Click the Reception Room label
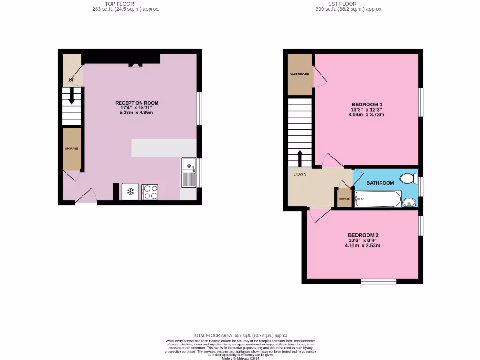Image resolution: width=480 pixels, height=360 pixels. point(137,103)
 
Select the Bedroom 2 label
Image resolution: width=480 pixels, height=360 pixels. point(363,235)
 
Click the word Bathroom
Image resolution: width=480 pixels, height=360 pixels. point(380,183)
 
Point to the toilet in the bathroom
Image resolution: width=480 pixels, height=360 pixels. point(409,178)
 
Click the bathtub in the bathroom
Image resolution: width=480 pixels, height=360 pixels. point(378,199)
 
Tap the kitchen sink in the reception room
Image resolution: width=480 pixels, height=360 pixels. point(189,172)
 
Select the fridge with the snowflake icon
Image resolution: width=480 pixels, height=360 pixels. point(131,192)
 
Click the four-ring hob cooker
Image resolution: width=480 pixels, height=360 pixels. point(150,192)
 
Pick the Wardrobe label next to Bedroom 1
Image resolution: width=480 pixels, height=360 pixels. point(300,74)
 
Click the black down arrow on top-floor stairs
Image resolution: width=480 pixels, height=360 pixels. point(72,97)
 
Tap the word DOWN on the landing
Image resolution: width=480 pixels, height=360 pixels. point(300,174)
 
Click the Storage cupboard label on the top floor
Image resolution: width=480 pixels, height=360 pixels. point(71,149)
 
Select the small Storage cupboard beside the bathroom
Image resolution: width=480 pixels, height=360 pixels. point(344,198)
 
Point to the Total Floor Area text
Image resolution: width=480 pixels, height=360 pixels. point(240,335)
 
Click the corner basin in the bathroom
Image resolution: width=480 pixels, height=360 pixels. point(410,201)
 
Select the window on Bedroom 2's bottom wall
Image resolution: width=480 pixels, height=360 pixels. point(378,281)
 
